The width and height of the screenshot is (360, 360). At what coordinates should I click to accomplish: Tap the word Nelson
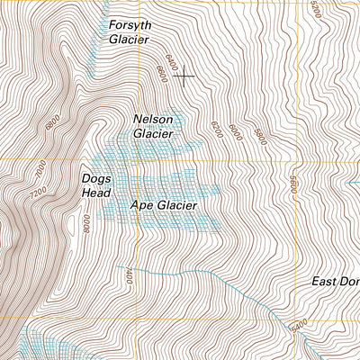tap(152, 119)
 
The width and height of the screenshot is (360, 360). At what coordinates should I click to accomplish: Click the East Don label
tap(335, 282)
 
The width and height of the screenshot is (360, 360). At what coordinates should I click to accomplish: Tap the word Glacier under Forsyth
tap(128, 40)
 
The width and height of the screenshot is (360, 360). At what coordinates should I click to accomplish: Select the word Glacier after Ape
tap(176, 205)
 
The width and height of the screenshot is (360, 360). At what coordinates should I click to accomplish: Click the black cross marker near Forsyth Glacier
tap(185, 76)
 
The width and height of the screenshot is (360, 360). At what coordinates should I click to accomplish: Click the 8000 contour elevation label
tap(86, 221)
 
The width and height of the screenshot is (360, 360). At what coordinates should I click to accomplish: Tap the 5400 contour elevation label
tap(299, 322)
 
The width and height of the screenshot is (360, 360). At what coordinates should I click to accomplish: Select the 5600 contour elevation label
tap(292, 184)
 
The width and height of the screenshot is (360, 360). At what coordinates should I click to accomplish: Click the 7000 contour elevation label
tap(40, 168)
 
